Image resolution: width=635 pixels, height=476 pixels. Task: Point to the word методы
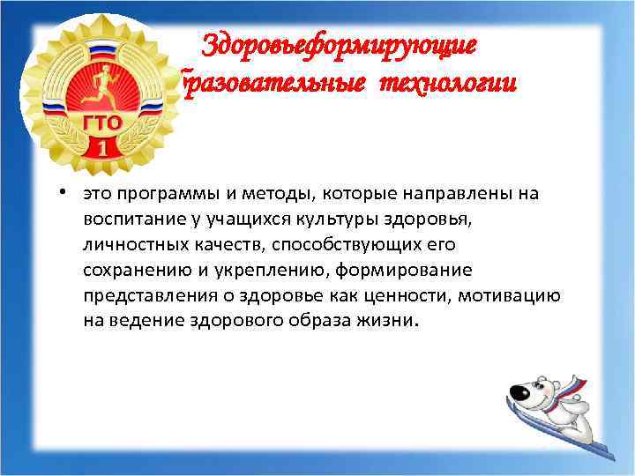[x=265, y=194]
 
